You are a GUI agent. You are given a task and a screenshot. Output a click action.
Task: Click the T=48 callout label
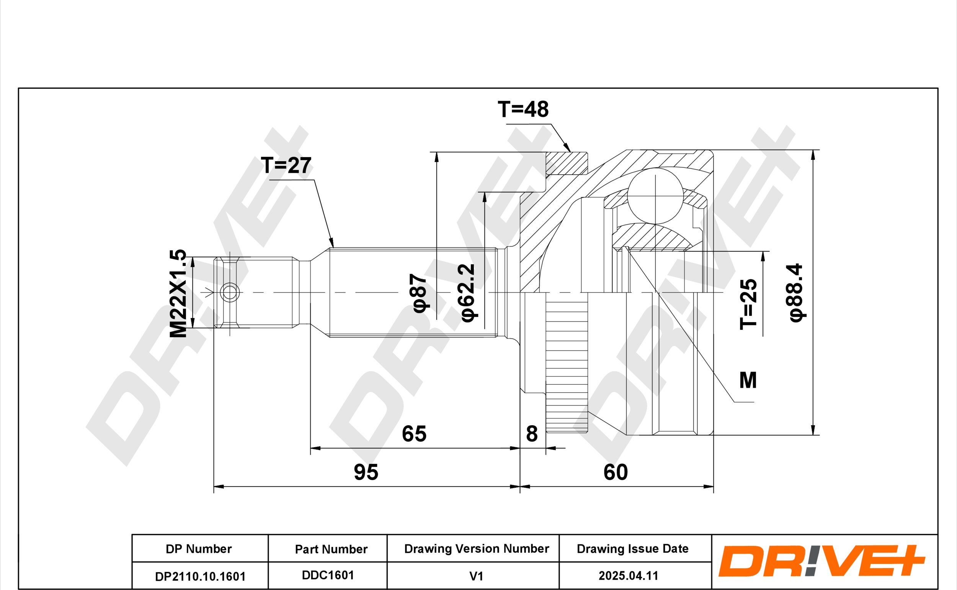coord(523,109)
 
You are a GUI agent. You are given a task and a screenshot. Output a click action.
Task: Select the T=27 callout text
coord(286,165)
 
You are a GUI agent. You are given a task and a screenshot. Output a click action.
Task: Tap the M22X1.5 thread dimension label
coord(178,293)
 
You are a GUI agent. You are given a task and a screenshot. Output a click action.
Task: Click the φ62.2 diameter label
coord(467,293)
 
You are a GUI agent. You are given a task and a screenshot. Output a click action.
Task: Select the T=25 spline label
coord(748,304)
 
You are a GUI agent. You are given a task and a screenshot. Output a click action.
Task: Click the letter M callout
coord(748,380)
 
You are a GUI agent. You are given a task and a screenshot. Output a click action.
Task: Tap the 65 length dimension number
coord(414,434)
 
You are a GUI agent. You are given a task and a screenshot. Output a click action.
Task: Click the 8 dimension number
coord(532,434)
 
